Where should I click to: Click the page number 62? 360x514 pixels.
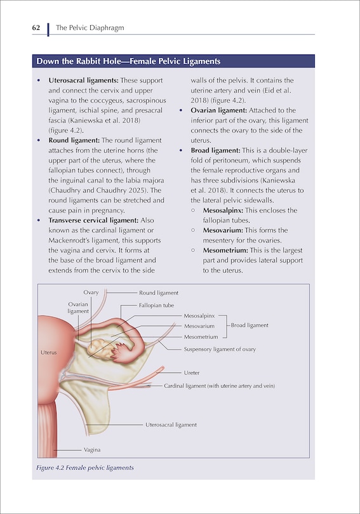tap(36, 28)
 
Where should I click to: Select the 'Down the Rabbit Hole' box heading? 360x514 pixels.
tap(128, 62)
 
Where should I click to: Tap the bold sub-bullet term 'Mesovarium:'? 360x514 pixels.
tap(222, 230)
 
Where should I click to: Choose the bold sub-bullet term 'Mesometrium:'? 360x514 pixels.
tap(223, 250)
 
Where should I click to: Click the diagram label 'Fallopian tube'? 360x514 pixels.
tap(156, 305)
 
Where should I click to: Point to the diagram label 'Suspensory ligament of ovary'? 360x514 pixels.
tap(220, 349)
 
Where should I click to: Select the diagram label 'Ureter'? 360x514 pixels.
tap(192, 372)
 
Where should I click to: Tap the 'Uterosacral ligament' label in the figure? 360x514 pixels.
tap(171, 425)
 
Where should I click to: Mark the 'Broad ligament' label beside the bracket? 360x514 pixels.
tap(250, 325)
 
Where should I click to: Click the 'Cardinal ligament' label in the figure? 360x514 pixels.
tap(219, 385)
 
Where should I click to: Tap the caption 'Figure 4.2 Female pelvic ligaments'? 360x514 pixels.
tap(84, 468)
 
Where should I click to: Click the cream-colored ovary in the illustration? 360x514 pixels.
tap(97, 346)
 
